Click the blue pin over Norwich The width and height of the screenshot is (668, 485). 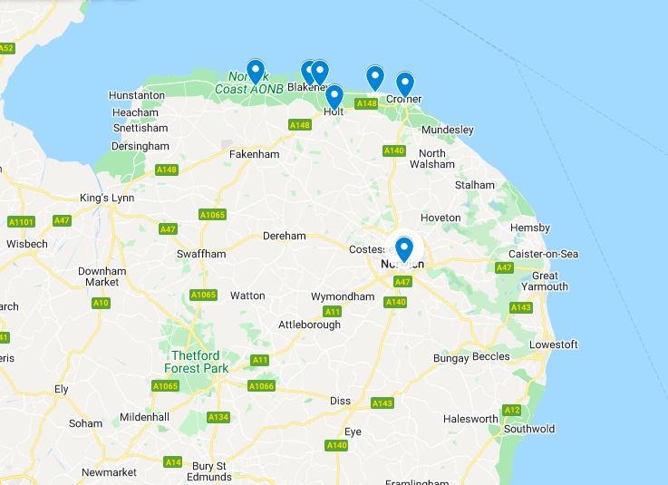pos(404,247)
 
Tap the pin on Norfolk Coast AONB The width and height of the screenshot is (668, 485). pos(256,71)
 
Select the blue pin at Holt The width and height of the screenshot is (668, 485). pos(334,96)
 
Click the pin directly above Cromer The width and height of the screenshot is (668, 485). pos(404,83)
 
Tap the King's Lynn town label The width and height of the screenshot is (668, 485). pos(106,198)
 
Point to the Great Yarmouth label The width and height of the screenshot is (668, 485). pos(544,281)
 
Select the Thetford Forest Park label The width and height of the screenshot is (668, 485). pos(196,362)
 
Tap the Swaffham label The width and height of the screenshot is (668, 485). pos(201,255)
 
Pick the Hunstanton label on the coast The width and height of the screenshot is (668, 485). pos(137,95)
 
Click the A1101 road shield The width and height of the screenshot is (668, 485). pos(20,222)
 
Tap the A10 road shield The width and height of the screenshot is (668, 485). pos(101,303)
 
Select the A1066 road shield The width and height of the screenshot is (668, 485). pos(261,386)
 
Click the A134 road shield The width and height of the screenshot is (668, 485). pos(218,417)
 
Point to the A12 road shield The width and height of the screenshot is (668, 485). pos(512,410)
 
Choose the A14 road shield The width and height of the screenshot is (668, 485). pos(172,462)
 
